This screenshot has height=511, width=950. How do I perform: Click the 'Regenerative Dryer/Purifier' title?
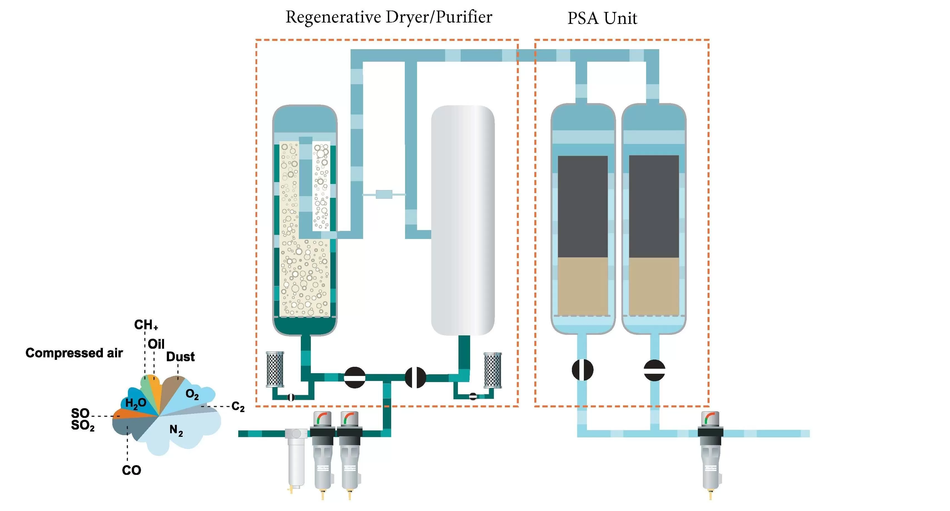(389, 17)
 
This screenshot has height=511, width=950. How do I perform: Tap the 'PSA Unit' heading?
(602, 18)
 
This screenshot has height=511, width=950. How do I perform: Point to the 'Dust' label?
(180, 357)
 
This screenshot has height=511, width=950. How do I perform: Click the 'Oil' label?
(156, 344)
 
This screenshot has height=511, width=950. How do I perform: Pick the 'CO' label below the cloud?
(131, 470)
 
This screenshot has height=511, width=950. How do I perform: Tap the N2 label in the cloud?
(176, 430)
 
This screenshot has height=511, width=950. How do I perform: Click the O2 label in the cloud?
(192, 395)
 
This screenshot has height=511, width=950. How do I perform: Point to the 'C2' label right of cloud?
(238, 407)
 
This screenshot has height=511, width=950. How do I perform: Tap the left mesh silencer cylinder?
(275, 369)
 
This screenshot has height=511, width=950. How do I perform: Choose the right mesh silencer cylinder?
(492, 370)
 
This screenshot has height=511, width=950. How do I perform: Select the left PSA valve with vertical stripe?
(582, 370)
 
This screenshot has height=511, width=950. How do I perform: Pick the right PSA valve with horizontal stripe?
(654, 370)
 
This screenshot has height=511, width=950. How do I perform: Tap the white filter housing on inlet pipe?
(296, 459)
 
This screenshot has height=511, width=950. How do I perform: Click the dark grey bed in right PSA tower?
(654, 206)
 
